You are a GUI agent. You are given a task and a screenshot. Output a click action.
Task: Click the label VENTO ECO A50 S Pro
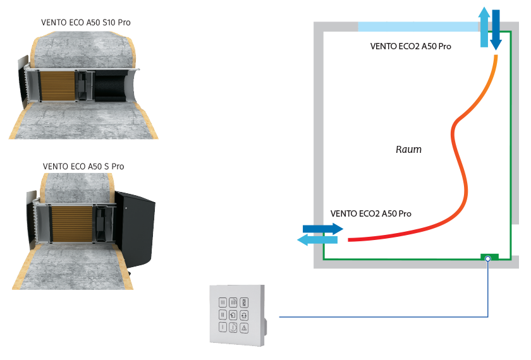click(83, 166)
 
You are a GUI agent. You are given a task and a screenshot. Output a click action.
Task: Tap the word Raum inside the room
click(408, 150)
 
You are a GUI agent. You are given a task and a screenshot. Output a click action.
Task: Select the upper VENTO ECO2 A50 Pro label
click(411, 47)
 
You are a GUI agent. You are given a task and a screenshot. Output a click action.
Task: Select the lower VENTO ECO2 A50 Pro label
click(371, 213)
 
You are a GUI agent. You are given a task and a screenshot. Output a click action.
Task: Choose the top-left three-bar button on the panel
click(222, 302)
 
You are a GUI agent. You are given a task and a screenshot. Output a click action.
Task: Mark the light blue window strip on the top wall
click(417, 27)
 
